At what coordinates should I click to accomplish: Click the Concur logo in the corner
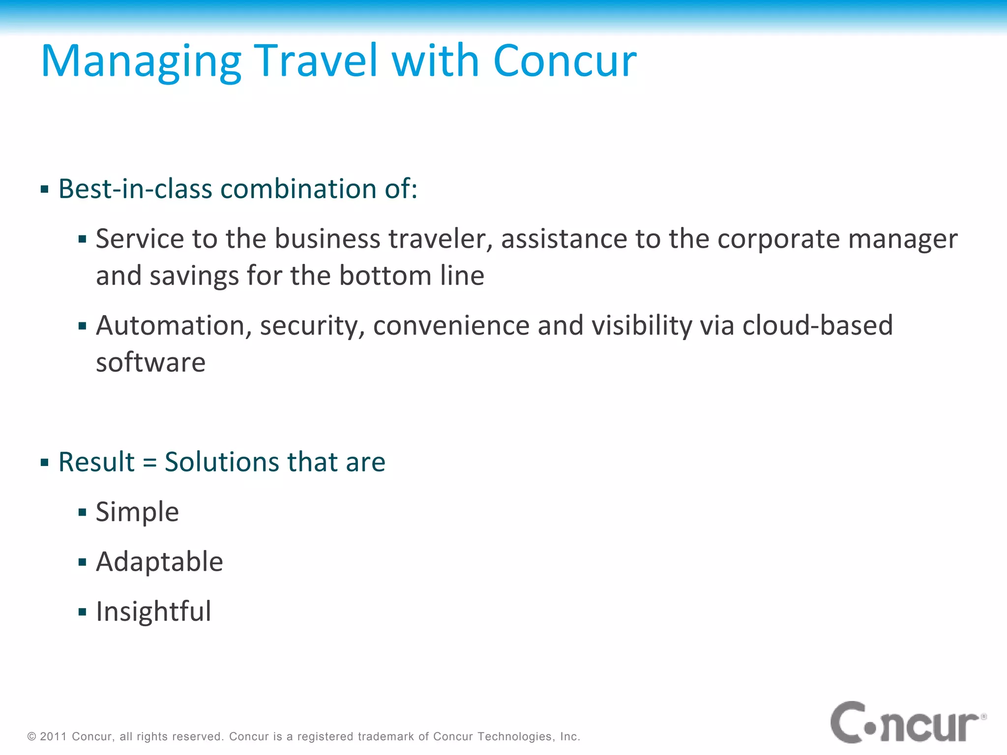click(x=908, y=723)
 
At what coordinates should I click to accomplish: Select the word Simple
click(x=137, y=512)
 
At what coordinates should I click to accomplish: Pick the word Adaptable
click(x=159, y=562)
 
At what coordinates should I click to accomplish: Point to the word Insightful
click(x=153, y=611)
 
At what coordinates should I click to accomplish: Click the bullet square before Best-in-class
click(x=45, y=190)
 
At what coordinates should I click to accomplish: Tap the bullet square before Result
click(x=45, y=463)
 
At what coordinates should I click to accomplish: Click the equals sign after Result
click(x=149, y=463)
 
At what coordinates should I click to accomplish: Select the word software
click(x=150, y=363)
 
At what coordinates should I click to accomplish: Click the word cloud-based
click(x=817, y=325)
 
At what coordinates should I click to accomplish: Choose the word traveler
click(x=441, y=239)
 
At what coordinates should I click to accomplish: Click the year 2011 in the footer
click(x=53, y=736)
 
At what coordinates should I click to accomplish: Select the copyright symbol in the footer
click(x=32, y=736)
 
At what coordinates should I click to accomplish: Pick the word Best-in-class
click(x=135, y=189)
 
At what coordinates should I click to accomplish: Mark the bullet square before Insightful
click(x=82, y=612)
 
